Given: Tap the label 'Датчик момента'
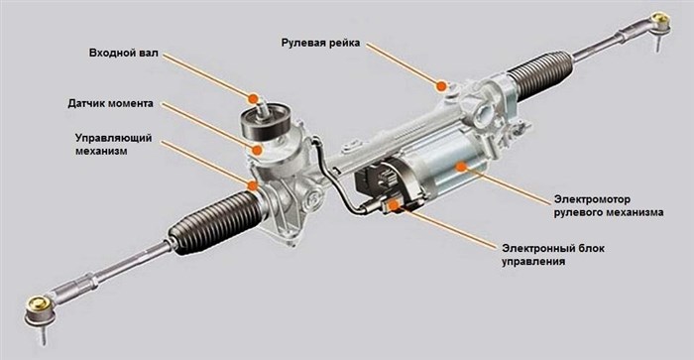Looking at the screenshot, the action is tap(111, 103).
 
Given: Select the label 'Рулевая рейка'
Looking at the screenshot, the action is tap(321, 43).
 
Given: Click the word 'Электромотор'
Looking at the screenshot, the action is tap(592, 199).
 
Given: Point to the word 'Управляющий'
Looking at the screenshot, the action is tap(113, 138).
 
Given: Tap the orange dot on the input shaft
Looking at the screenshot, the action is tap(253, 99).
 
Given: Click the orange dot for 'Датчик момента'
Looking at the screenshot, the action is tap(257, 150).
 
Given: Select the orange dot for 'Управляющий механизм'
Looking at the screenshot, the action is tap(252, 185).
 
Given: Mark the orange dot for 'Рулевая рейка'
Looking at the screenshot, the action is tap(441, 86).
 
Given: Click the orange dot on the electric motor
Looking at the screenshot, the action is tap(461, 167).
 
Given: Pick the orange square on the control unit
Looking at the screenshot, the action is tap(393, 205).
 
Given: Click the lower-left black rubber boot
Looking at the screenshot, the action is tap(213, 222).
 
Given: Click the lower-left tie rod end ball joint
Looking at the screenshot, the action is tap(41, 311).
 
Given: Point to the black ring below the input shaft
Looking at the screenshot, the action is tap(265, 121).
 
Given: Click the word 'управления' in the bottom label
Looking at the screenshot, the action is tap(533, 261).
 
